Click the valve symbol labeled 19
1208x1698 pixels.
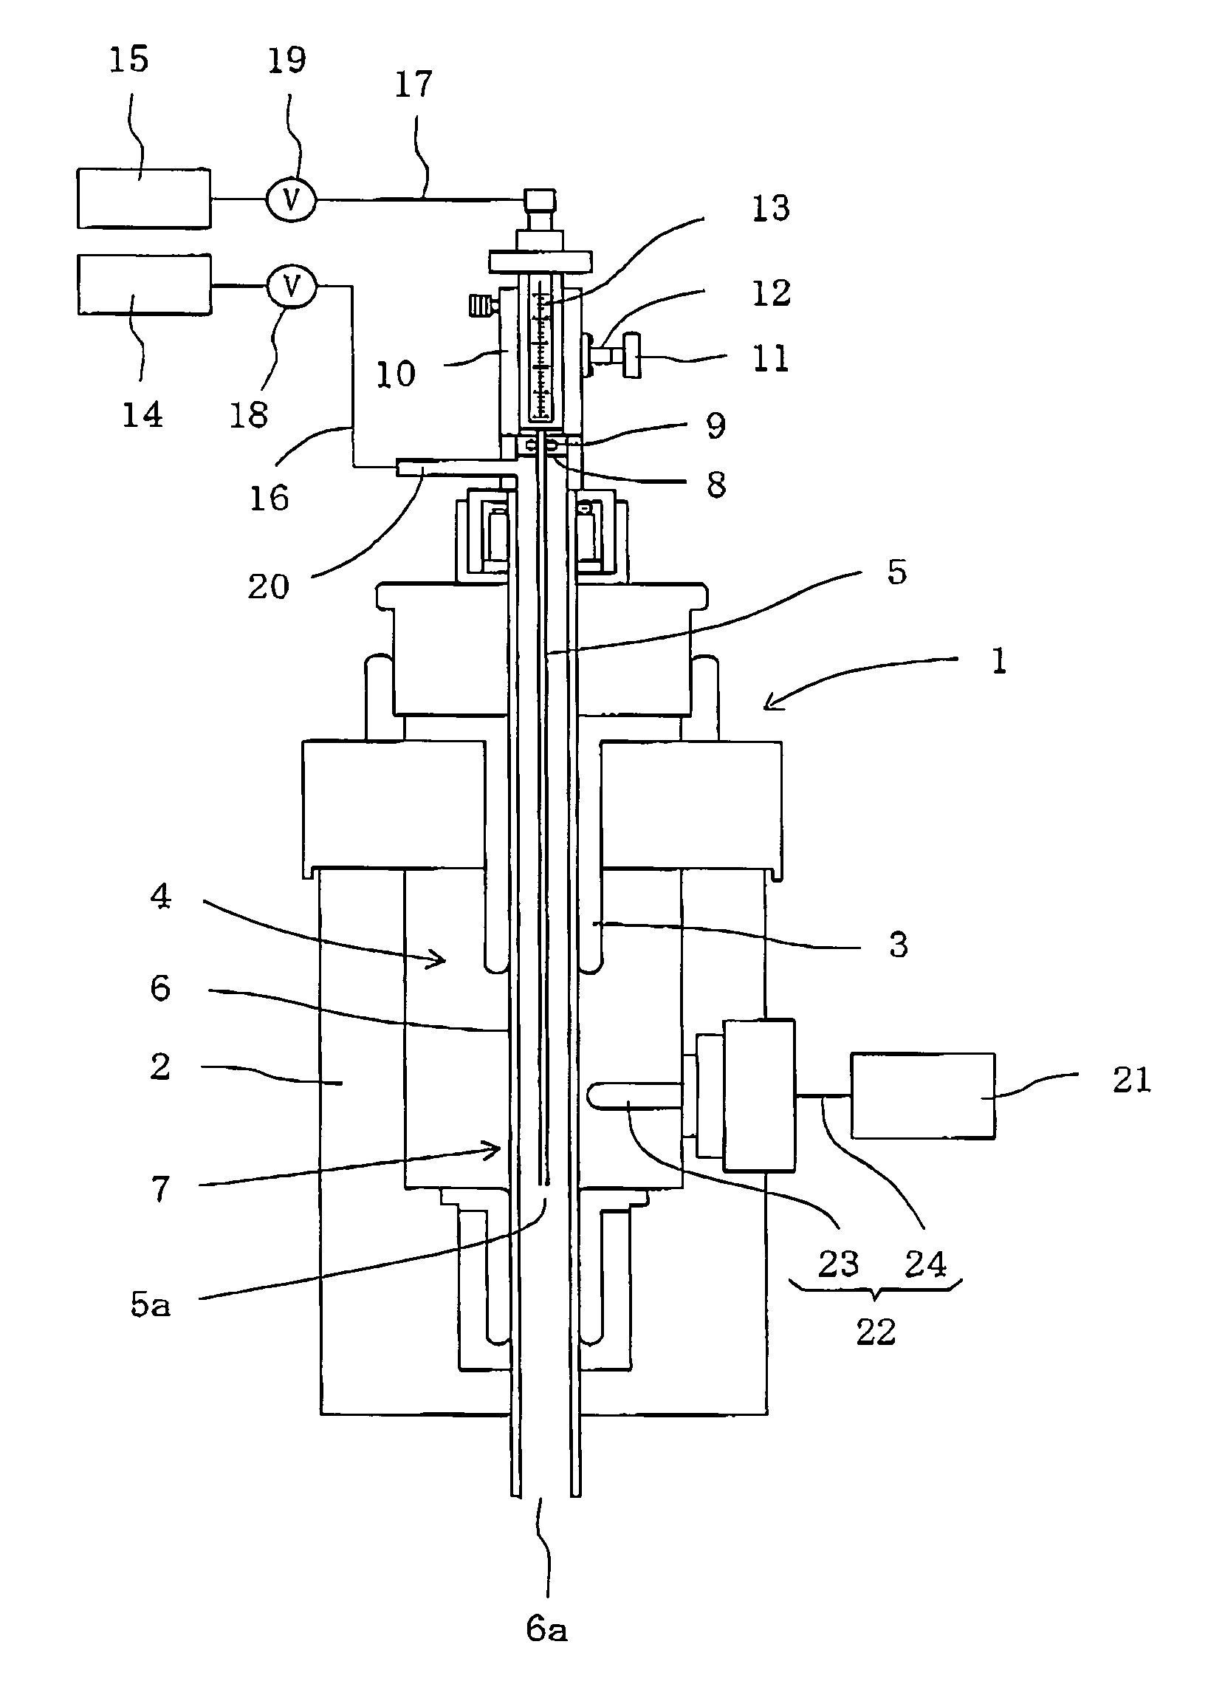292,199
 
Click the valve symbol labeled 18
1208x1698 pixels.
292,286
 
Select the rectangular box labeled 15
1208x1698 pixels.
143,198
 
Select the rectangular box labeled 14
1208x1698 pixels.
143,284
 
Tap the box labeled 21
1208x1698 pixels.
922,1095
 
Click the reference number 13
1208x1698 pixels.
771,208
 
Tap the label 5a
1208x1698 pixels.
150,1304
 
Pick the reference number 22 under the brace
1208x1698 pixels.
876,1332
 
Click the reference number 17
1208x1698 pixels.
413,84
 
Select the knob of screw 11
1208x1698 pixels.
631,357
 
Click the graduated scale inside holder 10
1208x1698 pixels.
542,349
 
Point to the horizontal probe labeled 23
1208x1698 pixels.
634,1098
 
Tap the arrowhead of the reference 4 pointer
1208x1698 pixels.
439,960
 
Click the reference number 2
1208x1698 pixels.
160,1067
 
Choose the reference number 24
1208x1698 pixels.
925,1264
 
